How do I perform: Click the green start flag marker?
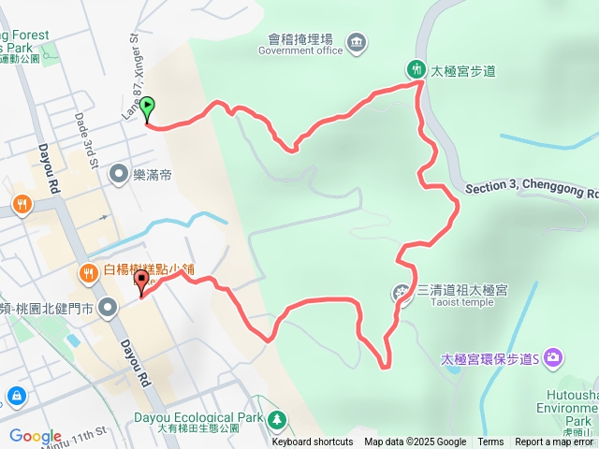pos(149,109)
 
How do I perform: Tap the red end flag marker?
pos(142,282)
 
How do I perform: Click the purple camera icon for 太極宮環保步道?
pos(553,357)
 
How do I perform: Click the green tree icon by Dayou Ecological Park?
pos(276,418)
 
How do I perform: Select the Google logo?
pos(35,436)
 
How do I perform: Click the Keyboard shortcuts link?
pos(313,442)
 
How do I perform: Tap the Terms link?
pos(490,442)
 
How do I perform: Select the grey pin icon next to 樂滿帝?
pos(118,173)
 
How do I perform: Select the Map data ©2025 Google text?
pos(415,442)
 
